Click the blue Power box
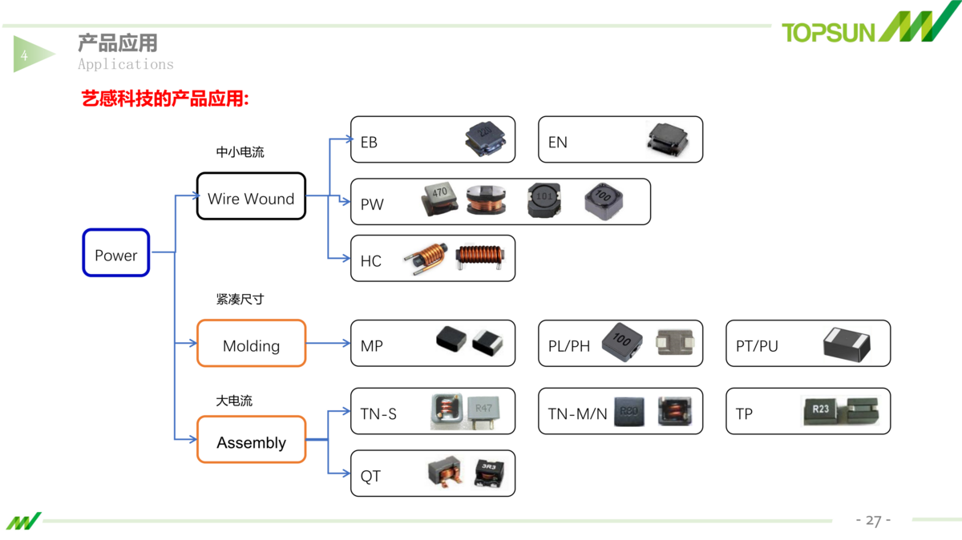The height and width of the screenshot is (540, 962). coord(116,253)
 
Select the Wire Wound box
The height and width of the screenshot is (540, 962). coord(251,196)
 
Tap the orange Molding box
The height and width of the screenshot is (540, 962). coord(251,344)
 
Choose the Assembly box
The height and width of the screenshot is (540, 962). coord(251,440)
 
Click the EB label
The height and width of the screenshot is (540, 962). coord(369,143)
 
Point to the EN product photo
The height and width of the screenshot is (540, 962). coord(668,139)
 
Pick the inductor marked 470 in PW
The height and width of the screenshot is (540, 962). coord(439,199)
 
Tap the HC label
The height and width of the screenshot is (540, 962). coord(370,261)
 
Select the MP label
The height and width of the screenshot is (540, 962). coord(371,346)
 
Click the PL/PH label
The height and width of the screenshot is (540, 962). coord(569,346)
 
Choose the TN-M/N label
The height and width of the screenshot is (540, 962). coord(577,414)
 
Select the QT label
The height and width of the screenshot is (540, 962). coord(370,477)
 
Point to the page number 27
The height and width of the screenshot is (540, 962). coord(873,521)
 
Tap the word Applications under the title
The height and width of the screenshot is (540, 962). coord(126,64)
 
